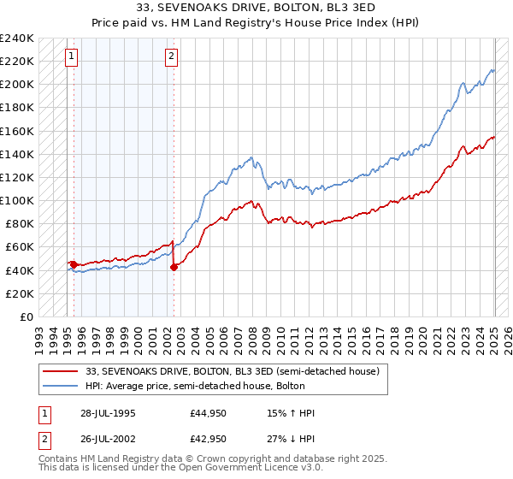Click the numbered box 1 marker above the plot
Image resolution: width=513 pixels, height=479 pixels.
pos(71,57)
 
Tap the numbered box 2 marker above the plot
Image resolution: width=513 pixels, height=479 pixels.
pos(171,57)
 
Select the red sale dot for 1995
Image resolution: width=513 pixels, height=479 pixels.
pos(74,264)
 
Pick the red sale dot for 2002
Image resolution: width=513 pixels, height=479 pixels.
pos(174,267)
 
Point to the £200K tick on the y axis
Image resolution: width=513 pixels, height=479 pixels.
pos(17,85)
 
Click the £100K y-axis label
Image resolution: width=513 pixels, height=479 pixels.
pos(17,200)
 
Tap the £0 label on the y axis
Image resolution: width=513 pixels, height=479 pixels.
pos(26,316)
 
